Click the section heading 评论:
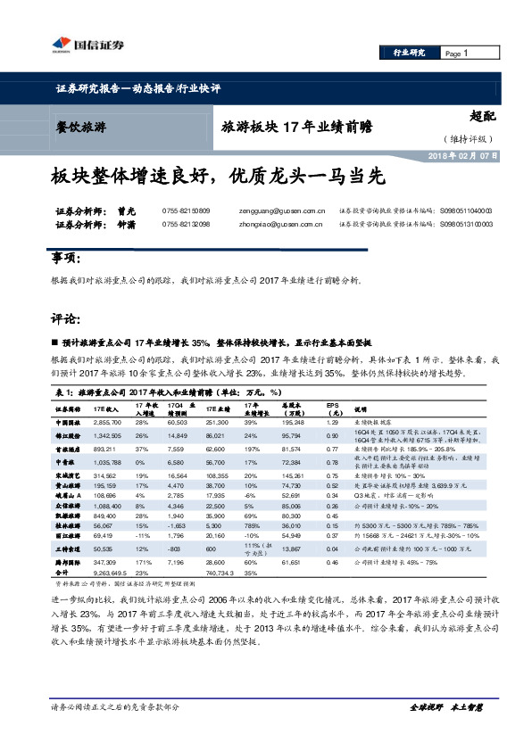coord(63,318)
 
